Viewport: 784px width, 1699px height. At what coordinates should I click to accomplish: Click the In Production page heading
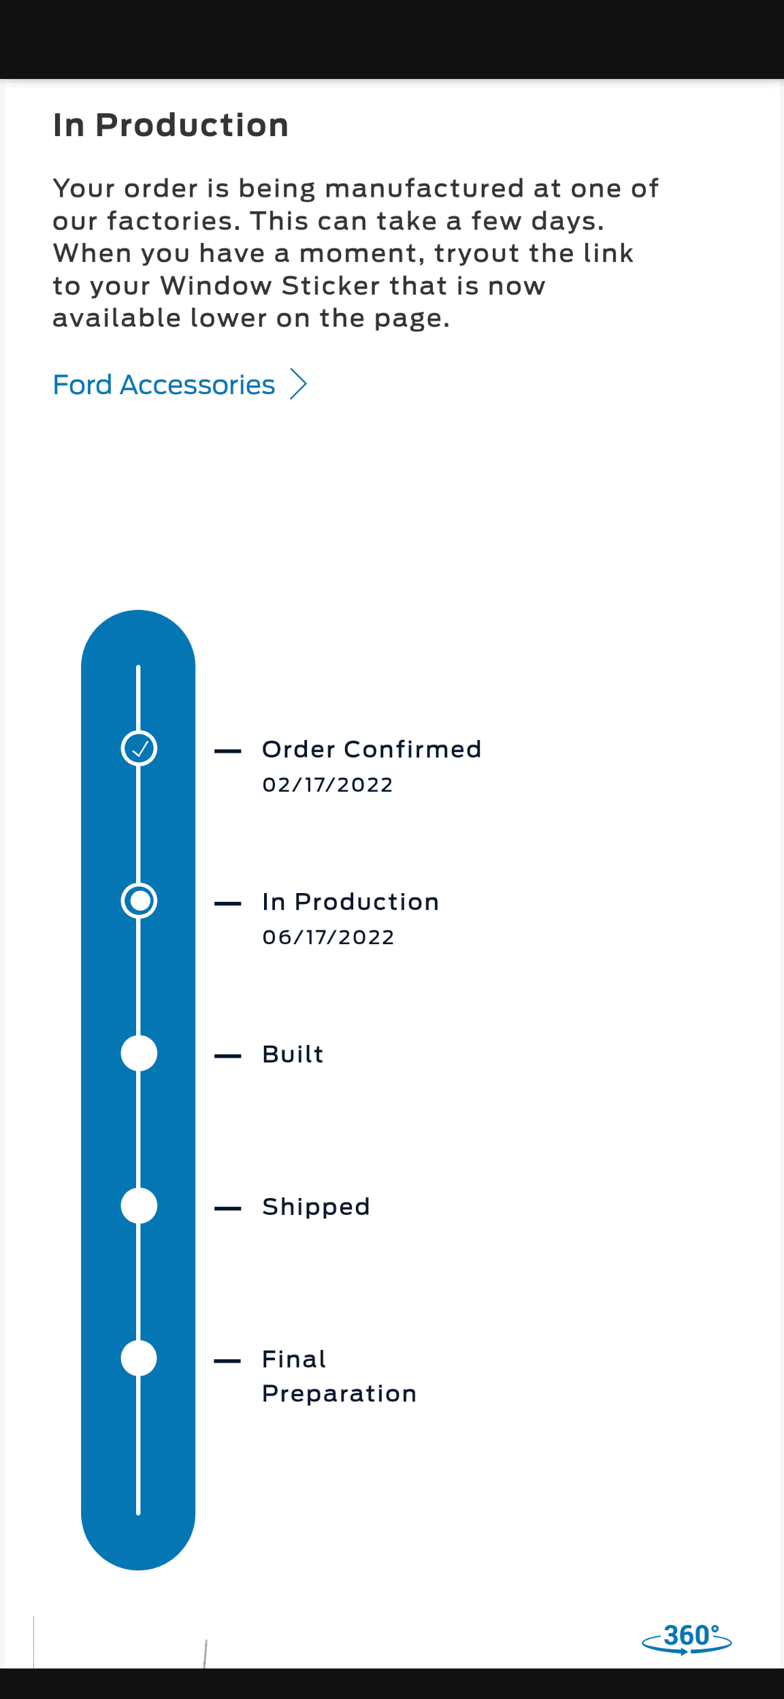pyautogui.click(x=171, y=125)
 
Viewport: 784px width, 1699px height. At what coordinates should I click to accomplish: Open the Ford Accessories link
pyautogui.click(x=164, y=385)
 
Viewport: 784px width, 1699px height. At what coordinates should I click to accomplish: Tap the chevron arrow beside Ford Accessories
pyautogui.click(x=298, y=384)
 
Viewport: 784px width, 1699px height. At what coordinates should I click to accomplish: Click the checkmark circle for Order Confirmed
pyautogui.click(x=139, y=748)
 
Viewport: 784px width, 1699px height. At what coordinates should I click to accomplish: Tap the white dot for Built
pyautogui.click(x=139, y=1053)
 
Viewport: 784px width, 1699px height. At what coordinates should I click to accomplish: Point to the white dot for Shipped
pyautogui.click(x=139, y=1206)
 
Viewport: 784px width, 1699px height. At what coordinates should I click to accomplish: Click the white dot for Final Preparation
pyautogui.click(x=139, y=1358)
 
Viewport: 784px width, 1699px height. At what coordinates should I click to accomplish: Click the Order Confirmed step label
pyautogui.click(x=372, y=749)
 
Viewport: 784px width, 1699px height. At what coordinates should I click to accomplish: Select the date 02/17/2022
pyautogui.click(x=327, y=785)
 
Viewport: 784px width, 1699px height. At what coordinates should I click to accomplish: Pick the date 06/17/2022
pyautogui.click(x=328, y=937)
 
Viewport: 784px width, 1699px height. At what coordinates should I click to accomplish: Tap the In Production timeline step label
pyautogui.click(x=350, y=902)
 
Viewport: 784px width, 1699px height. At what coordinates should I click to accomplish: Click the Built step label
pyautogui.click(x=293, y=1054)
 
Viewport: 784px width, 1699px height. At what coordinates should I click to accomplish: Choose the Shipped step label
pyautogui.click(x=316, y=1208)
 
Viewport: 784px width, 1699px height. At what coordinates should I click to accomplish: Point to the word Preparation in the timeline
pyautogui.click(x=339, y=1394)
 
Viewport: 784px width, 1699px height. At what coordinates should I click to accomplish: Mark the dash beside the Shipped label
pyautogui.click(x=228, y=1208)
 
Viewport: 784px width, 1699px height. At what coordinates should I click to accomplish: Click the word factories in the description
pyautogui.click(x=169, y=221)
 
